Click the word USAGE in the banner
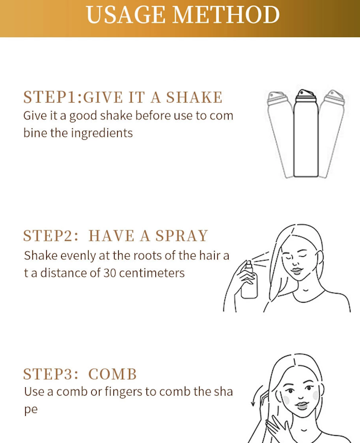click(x=125, y=14)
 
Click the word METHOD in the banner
click(x=226, y=14)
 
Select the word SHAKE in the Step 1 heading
click(x=194, y=97)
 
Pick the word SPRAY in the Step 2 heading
click(x=182, y=236)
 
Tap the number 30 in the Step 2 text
click(x=110, y=273)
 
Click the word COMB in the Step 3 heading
click(x=112, y=374)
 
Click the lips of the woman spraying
click(x=296, y=271)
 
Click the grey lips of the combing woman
click(x=302, y=406)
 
